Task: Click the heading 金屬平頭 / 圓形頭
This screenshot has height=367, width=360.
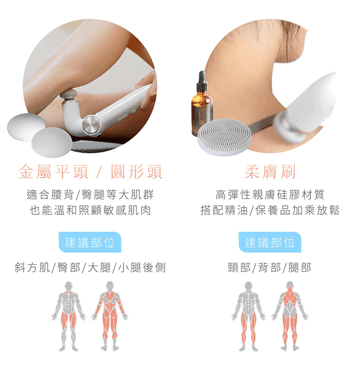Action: [90, 172]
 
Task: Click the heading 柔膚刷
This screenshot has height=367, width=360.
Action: [270, 172]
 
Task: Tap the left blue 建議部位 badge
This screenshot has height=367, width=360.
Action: [90, 242]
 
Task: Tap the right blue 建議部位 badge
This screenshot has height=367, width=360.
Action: [270, 242]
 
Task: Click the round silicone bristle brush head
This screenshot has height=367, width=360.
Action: [224, 136]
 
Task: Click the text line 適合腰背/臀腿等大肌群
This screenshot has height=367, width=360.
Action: [90, 195]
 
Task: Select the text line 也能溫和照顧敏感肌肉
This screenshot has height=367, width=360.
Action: [90, 211]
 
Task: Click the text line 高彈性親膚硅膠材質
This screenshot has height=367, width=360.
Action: [270, 195]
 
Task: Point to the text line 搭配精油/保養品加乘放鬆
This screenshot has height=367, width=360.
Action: [270, 211]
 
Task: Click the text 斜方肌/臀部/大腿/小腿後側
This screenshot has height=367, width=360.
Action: [90, 268]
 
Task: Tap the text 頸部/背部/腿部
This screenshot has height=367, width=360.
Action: [270, 268]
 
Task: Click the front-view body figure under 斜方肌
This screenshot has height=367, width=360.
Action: [68, 316]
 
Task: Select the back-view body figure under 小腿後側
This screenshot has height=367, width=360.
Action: [110, 316]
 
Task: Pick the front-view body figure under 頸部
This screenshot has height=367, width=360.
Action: [249, 316]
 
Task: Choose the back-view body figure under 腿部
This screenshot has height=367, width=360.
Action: [290, 316]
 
